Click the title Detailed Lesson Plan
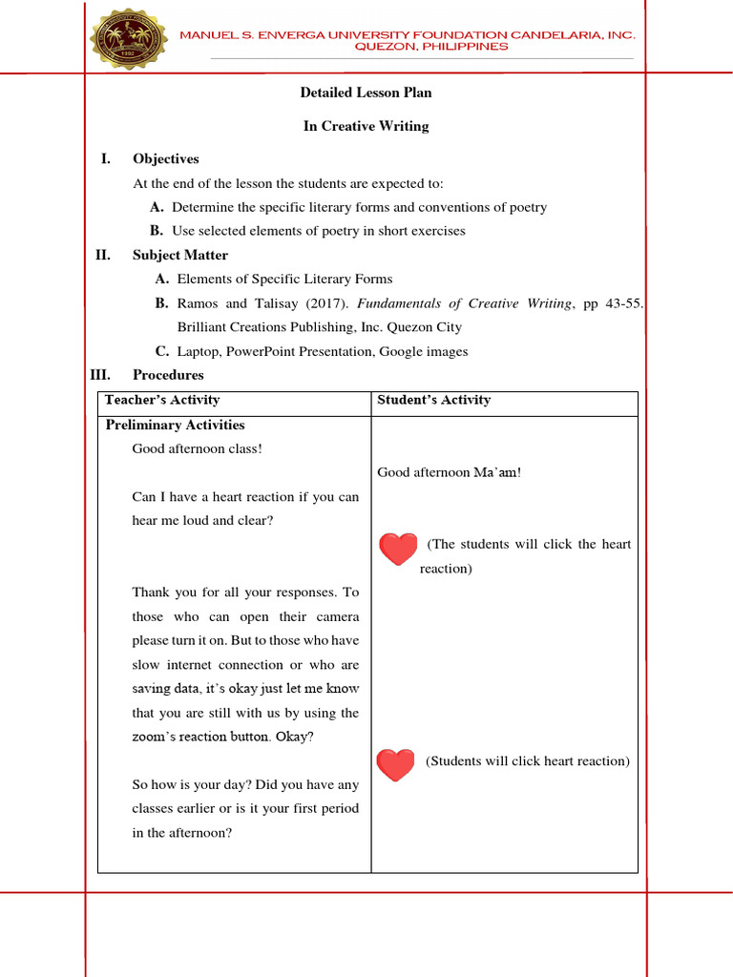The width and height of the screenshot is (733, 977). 366,93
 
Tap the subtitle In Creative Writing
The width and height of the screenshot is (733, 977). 366,126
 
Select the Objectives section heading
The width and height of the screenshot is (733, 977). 166,158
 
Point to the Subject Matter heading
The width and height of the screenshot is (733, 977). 180,255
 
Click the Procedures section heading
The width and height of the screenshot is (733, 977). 168,375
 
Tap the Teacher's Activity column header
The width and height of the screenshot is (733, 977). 162,400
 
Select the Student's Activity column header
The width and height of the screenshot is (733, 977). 433,400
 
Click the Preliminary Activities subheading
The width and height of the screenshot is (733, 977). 175,426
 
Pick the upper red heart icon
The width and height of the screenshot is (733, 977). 398,549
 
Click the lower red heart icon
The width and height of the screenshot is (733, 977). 395,763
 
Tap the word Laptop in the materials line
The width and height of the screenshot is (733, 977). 198,351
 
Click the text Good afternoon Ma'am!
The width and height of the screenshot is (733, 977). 449,472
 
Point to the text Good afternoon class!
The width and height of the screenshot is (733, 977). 197,448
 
